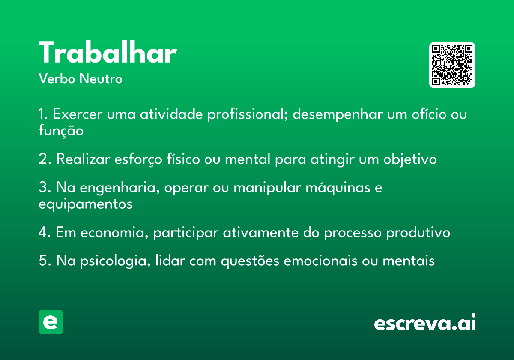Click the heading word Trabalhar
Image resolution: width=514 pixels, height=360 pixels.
108,52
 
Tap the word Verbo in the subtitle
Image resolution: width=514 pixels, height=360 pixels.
57,79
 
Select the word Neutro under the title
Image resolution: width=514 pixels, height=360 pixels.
101,79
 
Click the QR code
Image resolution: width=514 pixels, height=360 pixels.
452,65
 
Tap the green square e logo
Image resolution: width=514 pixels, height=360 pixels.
51,322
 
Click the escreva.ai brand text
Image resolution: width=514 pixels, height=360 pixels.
425,322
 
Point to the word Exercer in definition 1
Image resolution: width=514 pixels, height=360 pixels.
78,114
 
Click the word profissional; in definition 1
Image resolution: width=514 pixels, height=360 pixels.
248,114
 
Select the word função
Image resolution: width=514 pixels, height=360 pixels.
61,131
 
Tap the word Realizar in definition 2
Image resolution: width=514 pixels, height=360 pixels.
83,159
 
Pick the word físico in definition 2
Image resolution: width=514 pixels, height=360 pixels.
183,159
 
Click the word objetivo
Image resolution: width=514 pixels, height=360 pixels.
410,159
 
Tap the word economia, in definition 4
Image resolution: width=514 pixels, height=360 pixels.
114,233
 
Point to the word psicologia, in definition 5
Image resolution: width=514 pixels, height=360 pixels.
115,261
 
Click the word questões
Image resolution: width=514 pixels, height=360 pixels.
250,261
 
